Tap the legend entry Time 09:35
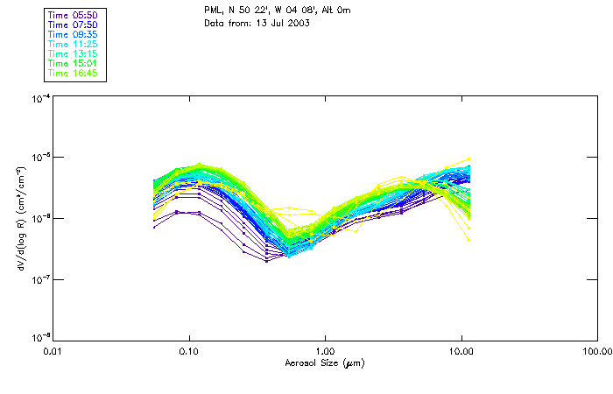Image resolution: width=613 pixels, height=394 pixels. pos(72,35)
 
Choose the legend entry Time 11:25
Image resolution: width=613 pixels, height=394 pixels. pos(72,45)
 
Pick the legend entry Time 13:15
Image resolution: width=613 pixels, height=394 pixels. pos(72,54)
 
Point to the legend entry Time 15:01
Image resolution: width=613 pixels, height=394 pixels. pos(72,64)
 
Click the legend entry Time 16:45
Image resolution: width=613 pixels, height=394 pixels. pos(72,74)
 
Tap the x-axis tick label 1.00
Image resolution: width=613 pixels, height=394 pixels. pos(325,350)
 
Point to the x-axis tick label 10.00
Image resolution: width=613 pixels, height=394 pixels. pos(461,350)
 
